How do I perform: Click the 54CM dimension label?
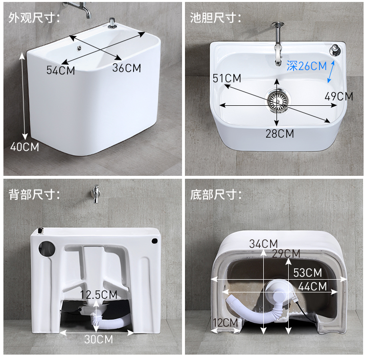pyautogui.click(x=61, y=70)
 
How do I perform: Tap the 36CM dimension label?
pyautogui.click(x=127, y=68)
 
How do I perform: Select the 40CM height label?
pyautogui.click(x=24, y=147)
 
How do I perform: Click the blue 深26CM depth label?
pyautogui.click(x=307, y=66)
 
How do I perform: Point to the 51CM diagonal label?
pyautogui.click(x=227, y=78)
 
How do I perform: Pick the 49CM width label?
pyautogui.click(x=339, y=96)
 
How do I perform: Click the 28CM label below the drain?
pyautogui.click(x=280, y=134)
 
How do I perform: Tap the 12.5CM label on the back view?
pyautogui.click(x=98, y=295)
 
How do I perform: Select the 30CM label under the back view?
pyautogui.click(x=98, y=339)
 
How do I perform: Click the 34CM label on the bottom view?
pyautogui.click(x=263, y=244)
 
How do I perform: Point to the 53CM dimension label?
pyautogui.click(x=308, y=273)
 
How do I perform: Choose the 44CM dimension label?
pyautogui.click(x=313, y=287)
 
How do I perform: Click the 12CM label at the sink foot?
pyautogui.click(x=226, y=323)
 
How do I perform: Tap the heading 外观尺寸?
pyautogui.click(x=34, y=18)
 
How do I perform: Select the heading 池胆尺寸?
pyautogui.click(x=216, y=18)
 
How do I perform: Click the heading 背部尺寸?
pyautogui.click(x=34, y=194)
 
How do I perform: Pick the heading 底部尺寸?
pyautogui.click(x=216, y=194)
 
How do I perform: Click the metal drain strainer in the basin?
pyautogui.click(x=278, y=101)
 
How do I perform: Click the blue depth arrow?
pyautogui.click(x=331, y=72)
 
